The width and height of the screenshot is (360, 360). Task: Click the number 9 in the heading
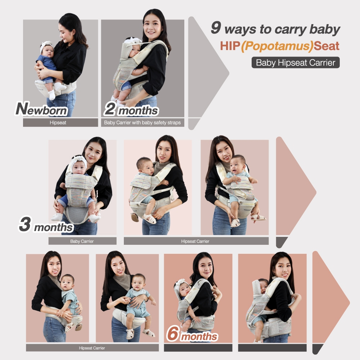[216, 28]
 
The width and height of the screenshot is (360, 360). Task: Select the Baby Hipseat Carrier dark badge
[296, 62]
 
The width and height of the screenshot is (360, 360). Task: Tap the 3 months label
[46, 225]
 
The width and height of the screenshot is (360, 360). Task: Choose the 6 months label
[192, 334]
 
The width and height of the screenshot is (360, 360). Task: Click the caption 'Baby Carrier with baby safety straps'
[142, 123]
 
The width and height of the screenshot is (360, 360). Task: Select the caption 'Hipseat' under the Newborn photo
[58, 123]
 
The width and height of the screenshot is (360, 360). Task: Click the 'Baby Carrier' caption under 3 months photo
[82, 241]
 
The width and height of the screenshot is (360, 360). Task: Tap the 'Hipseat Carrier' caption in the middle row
[195, 241]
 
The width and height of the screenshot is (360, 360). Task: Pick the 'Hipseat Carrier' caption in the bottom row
[92, 348]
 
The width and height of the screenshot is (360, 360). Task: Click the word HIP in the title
[230, 46]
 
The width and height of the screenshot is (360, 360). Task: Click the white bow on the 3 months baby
[79, 159]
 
